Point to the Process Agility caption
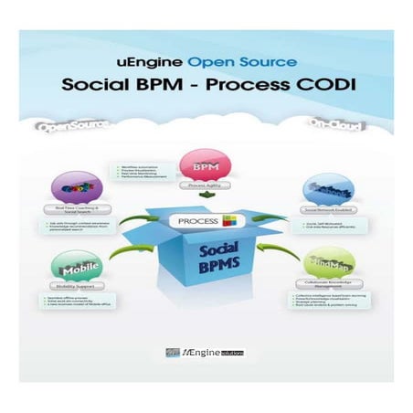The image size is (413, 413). click(x=207, y=185)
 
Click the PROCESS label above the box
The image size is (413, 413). click(x=195, y=219)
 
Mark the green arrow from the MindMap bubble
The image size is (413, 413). click(x=279, y=247)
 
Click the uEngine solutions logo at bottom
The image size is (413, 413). click(x=207, y=353)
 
